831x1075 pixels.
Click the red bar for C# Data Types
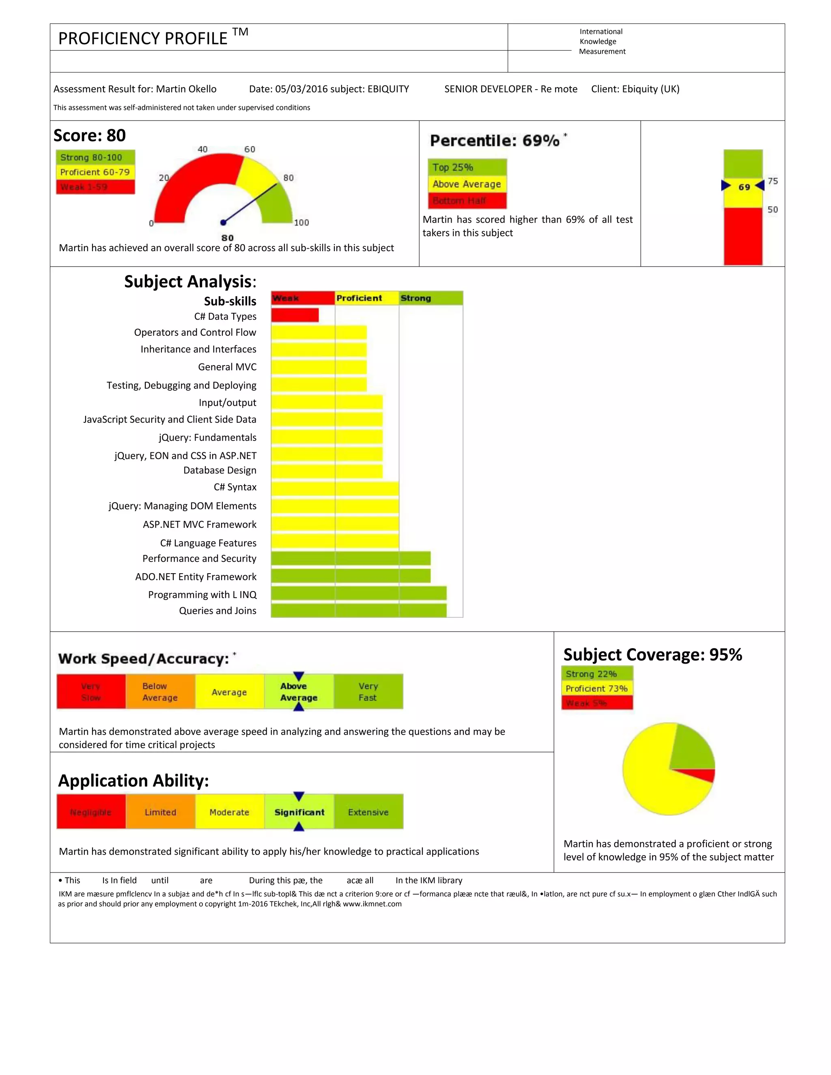[x=295, y=315]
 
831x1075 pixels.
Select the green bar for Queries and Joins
[x=358, y=611]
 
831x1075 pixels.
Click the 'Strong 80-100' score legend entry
[x=95, y=157]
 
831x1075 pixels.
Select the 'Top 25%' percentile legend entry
[x=467, y=168]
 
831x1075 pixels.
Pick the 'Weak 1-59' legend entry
[x=95, y=187]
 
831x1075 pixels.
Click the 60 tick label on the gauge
[x=250, y=149]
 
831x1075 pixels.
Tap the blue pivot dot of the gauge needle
[x=223, y=222]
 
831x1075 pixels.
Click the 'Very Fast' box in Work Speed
[x=368, y=692]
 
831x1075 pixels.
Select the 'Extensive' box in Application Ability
[x=368, y=812]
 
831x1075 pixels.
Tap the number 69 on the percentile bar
[x=744, y=187]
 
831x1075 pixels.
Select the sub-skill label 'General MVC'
[x=227, y=367]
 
